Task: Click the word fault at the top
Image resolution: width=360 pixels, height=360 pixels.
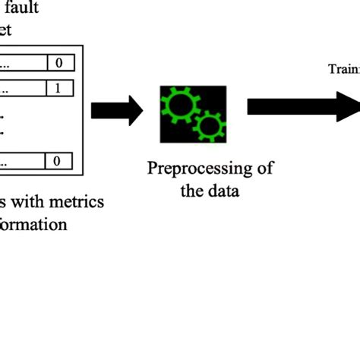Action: [22, 9]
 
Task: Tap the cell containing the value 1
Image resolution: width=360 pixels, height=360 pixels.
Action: [59, 86]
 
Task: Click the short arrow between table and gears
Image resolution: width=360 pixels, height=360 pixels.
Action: [116, 112]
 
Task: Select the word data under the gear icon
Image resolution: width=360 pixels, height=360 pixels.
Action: [223, 190]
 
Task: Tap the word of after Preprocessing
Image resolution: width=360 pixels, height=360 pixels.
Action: [264, 168]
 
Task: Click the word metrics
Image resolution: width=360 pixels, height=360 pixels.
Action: [77, 202]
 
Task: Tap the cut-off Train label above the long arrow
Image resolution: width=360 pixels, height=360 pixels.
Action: [343, 70]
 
